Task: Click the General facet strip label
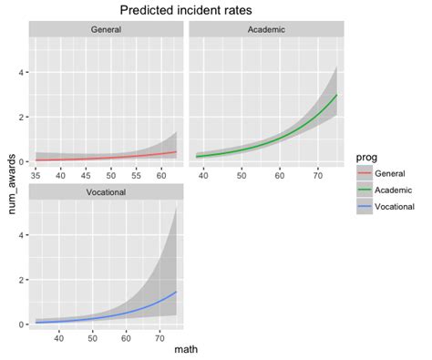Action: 107,30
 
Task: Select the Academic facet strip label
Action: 265,30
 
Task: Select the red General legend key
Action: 362,173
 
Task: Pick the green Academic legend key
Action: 362,189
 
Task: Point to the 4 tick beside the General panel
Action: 22,72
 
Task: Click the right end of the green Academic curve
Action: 338,95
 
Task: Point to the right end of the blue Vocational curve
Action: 176,292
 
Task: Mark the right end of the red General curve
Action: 176,151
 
